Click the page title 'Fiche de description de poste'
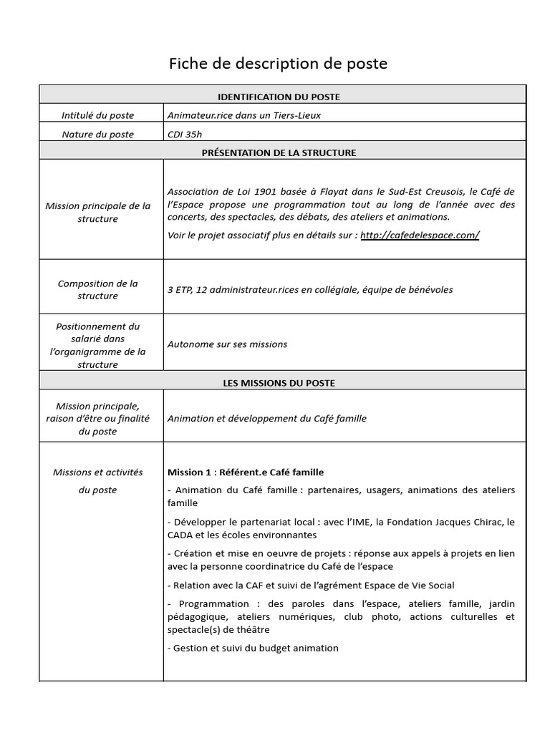pyautogui.click(x=278, y=64)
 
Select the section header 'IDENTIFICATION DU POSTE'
pyautogui.click(x=279, y=97)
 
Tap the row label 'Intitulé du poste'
pyautogui.click(x=97, y=115)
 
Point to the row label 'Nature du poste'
pyautogui.click(x=97, y=134)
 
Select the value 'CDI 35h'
pyautogui.click(x=185, y=134)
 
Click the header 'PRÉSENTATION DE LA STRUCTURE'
pyautogui.click(x=279, y=152)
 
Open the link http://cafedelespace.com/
pyautogui.click(x=420, y=236)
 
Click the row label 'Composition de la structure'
pyautogui.click(x=97, y=290)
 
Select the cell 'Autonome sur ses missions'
pyautogui.click(x=227, y=344)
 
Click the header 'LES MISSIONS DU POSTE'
pyautogui.click(x=279, y=383)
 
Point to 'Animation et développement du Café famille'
pyautogui.click(x=266, y=418)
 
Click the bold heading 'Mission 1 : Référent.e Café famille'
pyautogui.click(x=246, y=472)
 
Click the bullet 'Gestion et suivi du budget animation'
pyautogui.click(x=253, y=648)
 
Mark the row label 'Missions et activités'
pyautogui.click(x=97, y=472)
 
